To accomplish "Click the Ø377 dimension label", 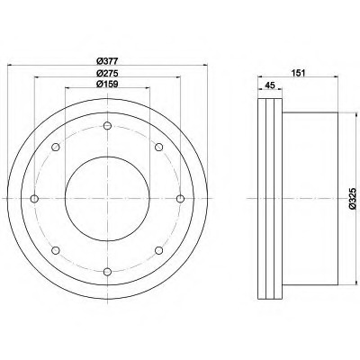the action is click(107, 61).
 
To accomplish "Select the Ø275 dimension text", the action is click(107, 73).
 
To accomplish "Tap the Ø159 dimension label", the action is click(107, 84).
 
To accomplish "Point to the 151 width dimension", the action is click(298, 73).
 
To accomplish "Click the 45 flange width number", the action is click(270, 85).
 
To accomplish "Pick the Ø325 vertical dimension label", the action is click(353, 198).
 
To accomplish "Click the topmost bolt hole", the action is click(107, 126).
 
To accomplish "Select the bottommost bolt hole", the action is click(107, 272).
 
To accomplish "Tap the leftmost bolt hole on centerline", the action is click(34, 199).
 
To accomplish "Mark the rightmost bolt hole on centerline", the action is click(180, 199).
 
